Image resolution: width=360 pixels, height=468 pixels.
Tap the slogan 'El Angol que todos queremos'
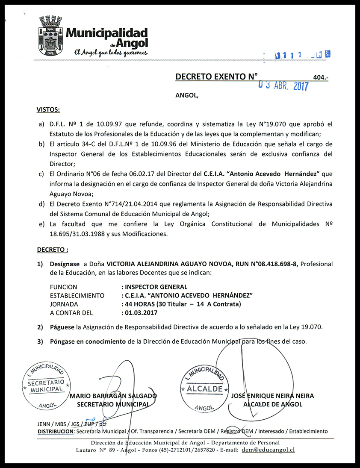[x=111, y=52]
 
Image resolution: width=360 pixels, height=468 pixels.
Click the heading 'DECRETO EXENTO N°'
[x=216, y=77]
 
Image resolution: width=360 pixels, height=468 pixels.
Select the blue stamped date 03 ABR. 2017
[x=284, y=85]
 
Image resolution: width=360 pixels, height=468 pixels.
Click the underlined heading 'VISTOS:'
[x=48, y=110]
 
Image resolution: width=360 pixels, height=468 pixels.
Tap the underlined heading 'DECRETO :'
[x=53, y=249]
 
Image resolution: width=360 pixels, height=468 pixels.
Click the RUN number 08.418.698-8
[x=267, y=264]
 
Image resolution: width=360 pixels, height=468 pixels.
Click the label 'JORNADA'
[x=64, y=304]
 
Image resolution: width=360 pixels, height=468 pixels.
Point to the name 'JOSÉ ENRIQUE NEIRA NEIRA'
[x=272, y=396]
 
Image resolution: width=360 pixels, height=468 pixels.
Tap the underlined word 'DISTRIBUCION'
[x=56, y=431]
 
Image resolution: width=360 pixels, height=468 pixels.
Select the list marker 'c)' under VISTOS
[x=41, y=174]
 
